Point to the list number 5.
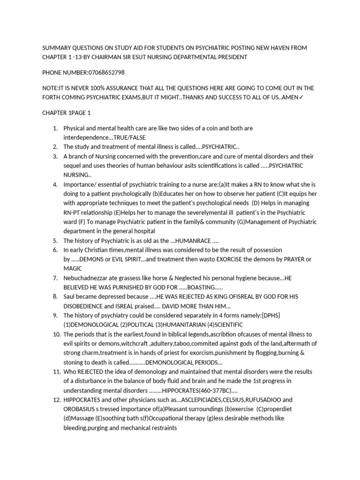click(55, 240)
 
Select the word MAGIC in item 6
click(73, 269)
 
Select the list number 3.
click(55, 156)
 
